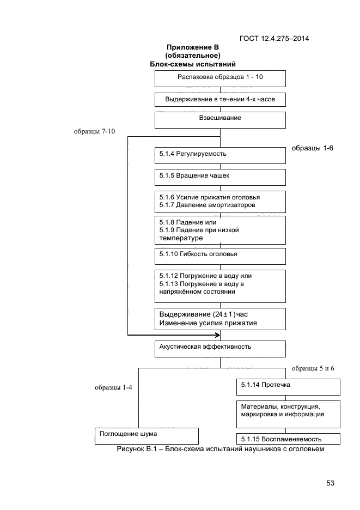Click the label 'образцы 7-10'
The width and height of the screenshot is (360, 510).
94,131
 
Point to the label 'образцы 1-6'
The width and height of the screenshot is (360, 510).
312,148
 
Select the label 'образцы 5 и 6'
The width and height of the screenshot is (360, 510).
313,368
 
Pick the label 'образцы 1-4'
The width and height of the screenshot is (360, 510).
113,387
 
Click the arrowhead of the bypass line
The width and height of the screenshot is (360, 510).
218,335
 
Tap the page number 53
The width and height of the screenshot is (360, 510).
330,483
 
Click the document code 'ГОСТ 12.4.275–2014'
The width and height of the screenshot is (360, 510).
274,38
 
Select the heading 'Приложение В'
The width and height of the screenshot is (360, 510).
193,47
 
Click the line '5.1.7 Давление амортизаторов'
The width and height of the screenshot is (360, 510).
207,205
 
